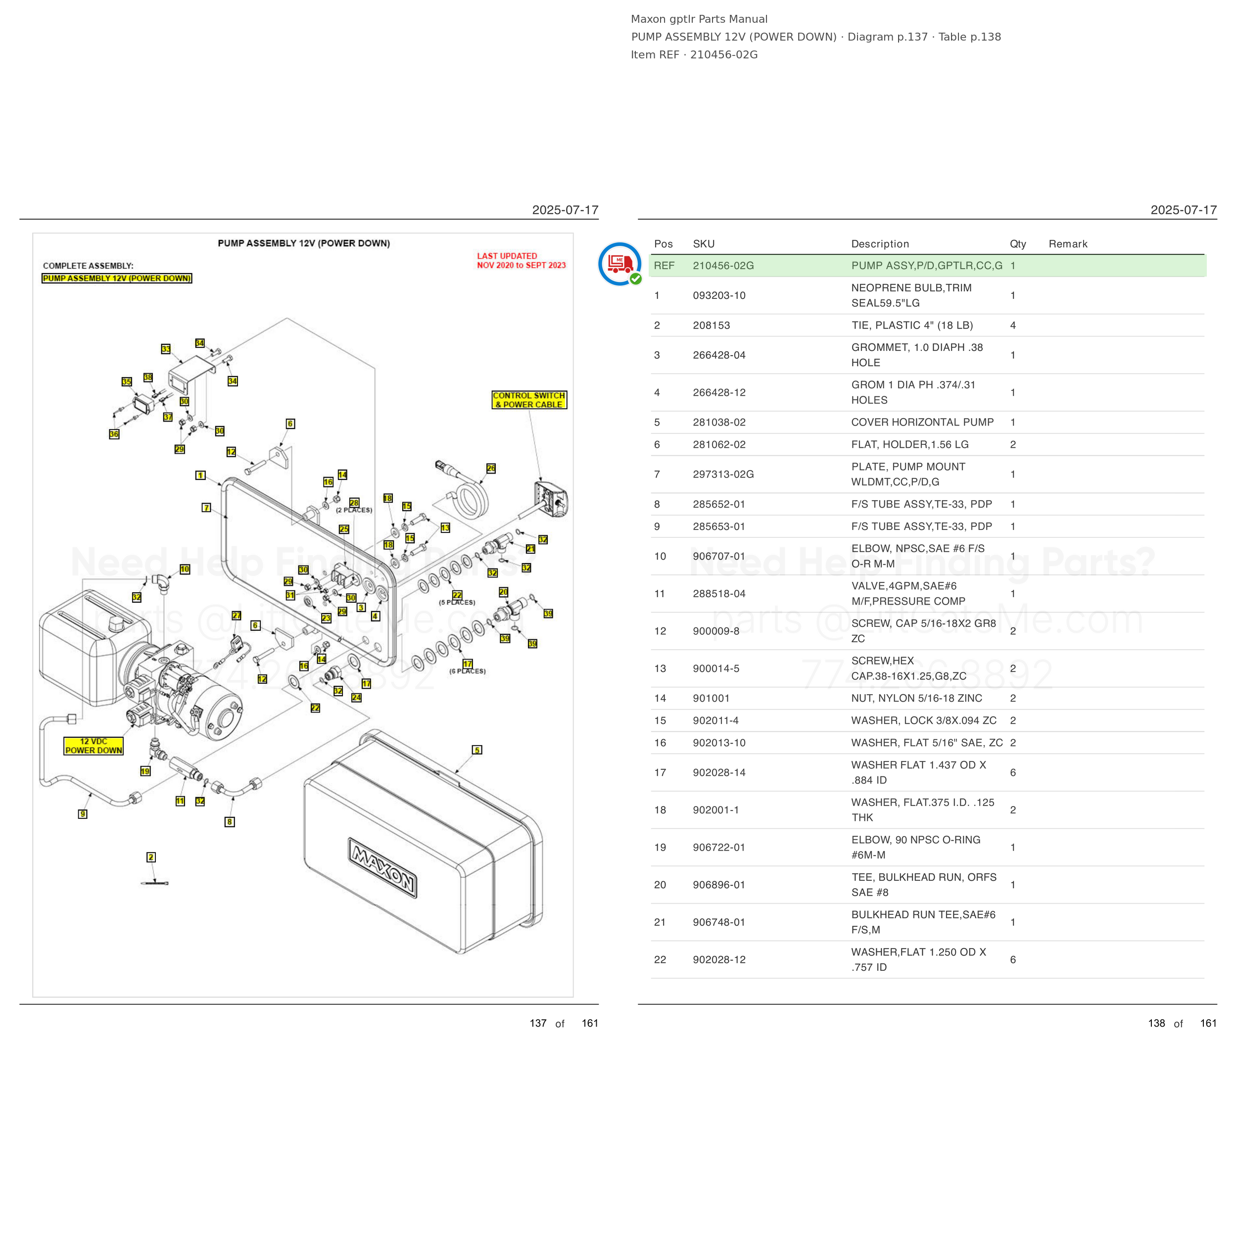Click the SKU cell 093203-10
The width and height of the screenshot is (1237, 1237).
click(719, 295)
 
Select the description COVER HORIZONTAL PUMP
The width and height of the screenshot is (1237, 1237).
click(922, 422)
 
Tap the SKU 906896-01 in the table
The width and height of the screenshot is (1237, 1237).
click(719, 884)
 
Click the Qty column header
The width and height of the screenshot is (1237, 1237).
click(1017, 244)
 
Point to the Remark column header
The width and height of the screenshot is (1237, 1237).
click(1068, 244)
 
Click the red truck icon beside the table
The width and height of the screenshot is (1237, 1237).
click(619, 263)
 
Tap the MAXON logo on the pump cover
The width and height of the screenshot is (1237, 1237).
click(382, 867)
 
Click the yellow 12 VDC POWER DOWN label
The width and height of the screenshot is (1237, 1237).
click(94, 746)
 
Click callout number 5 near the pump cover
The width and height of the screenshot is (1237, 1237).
click(477, 750)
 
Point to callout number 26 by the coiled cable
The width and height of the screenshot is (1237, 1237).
click(491, 468)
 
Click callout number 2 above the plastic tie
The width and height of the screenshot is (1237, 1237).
click(151, 856)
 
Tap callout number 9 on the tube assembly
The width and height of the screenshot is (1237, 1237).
click(83, 814)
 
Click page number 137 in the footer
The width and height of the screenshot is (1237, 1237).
click(538, 1023)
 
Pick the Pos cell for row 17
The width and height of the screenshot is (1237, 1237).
click(660, 772)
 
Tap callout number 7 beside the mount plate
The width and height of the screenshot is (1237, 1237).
click(206, 508)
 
